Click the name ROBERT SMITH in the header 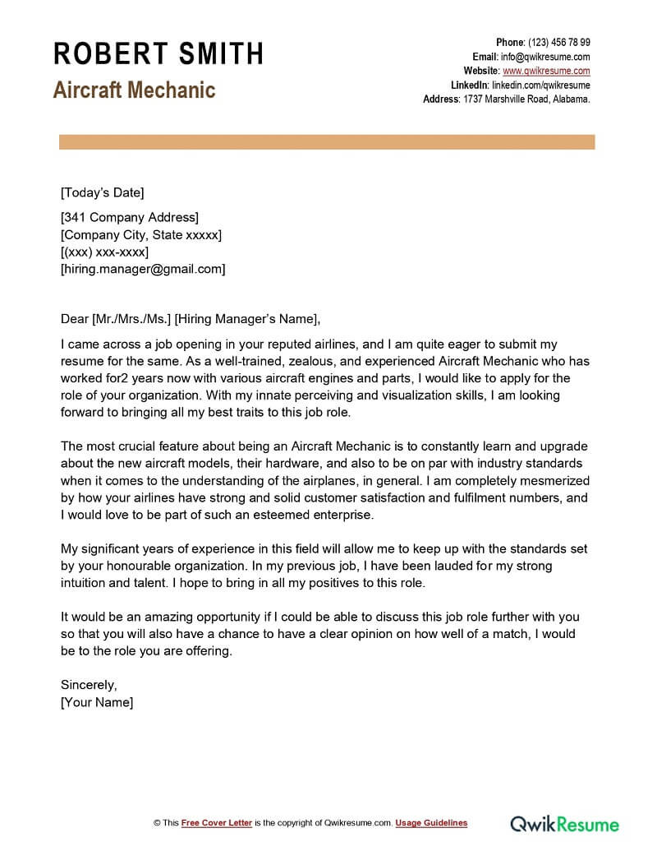click(159, 54)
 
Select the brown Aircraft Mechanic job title click(134, 90)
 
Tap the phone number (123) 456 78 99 click(558, 43)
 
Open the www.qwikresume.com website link click(546, 71)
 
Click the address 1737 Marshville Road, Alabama click(526, 99)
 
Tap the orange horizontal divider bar click(327, 143)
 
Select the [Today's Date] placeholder click(102, 193)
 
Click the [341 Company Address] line click(130, 218)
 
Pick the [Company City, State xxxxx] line click(140, 235)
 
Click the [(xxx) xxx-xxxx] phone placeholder click(104, 252)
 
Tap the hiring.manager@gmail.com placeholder click(143, 269)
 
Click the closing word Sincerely click(90, 685)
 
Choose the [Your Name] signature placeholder click(97, 702)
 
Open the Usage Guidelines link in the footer click(431, 823)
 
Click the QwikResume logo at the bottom click(565, 823)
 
